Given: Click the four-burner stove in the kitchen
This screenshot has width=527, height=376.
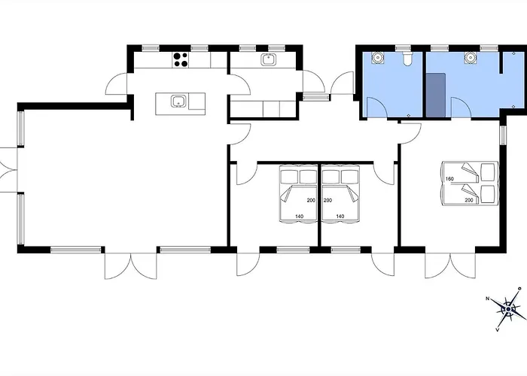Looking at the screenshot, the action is [x=181, y=59].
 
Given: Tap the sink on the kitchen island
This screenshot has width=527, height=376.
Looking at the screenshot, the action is [x=178, y=101].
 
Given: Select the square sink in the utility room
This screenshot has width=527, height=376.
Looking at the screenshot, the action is [x=269, y=59].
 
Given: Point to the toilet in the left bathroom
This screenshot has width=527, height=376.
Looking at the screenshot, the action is [x=407, y=59].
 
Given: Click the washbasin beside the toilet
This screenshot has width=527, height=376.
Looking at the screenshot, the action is [x=378, y=57].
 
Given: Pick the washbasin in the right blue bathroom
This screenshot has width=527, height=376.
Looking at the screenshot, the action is [x=471, y=57].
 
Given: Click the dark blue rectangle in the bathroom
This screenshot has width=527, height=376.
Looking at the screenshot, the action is [x=436, y=96].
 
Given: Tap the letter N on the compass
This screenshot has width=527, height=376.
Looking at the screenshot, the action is [x=487, y=299].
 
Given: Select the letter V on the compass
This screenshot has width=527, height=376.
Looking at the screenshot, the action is [x=497, y=330].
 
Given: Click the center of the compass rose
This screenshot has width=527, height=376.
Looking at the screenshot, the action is [x=509, y=309].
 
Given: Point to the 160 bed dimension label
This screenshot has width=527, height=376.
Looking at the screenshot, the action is [x=449, y=179].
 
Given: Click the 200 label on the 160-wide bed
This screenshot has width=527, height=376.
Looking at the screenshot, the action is [x=469, y=200].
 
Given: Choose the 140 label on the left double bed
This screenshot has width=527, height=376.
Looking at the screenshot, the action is [x=299, y=217].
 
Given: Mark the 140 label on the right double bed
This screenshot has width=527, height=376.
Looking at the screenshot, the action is [x=340, y=217].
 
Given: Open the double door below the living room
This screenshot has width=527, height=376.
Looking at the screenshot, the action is [x=131, y=266].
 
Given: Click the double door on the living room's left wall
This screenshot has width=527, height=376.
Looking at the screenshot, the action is [x=8, y=170].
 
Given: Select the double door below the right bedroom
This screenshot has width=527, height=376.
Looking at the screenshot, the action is [x=450, y=266].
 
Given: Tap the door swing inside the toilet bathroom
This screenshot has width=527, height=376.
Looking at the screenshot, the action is [x=376, y=108].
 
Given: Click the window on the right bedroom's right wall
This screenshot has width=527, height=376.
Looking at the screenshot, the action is [x=503, y=135].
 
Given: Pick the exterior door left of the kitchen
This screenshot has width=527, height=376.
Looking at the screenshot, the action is [x=116, y=83].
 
